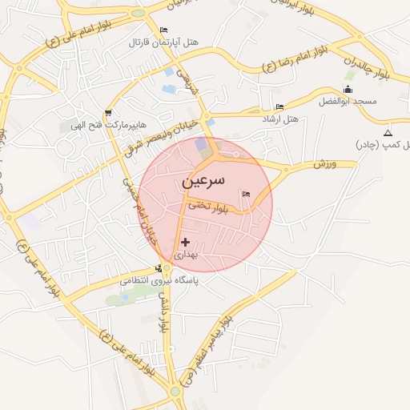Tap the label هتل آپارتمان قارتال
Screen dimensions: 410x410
coord(164,42)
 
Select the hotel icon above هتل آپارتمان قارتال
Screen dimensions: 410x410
coord(164,30)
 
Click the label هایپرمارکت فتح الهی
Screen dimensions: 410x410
coord(98,125)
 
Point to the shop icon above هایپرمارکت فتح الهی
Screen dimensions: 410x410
coord(108,113)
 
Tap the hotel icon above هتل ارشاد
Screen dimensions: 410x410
coord(279,107)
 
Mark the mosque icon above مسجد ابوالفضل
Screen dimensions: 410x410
coord(348,89)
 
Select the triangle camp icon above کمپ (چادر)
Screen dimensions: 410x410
coord(388,133)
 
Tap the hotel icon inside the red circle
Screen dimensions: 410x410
coord(246,194)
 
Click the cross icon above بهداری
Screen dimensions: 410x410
coord(186,241)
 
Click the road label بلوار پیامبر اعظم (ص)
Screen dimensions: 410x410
coord(207,349)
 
